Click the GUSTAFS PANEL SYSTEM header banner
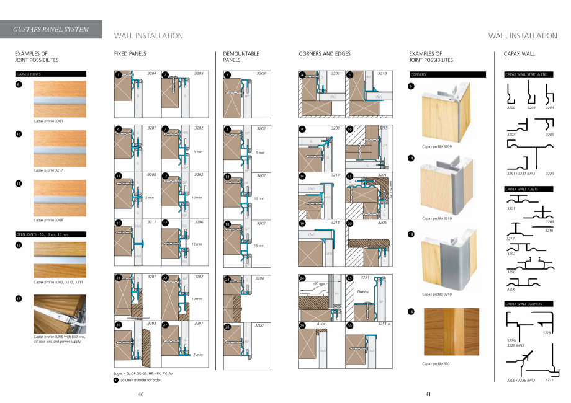52,29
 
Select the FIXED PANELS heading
130,54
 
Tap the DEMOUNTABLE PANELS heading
241,57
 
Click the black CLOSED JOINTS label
50,74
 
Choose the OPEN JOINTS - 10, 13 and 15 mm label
50,234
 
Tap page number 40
141,394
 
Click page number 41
428,394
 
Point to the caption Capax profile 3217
48,169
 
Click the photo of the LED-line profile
60,314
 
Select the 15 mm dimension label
260,245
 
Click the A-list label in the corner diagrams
321,324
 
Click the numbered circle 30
350,325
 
